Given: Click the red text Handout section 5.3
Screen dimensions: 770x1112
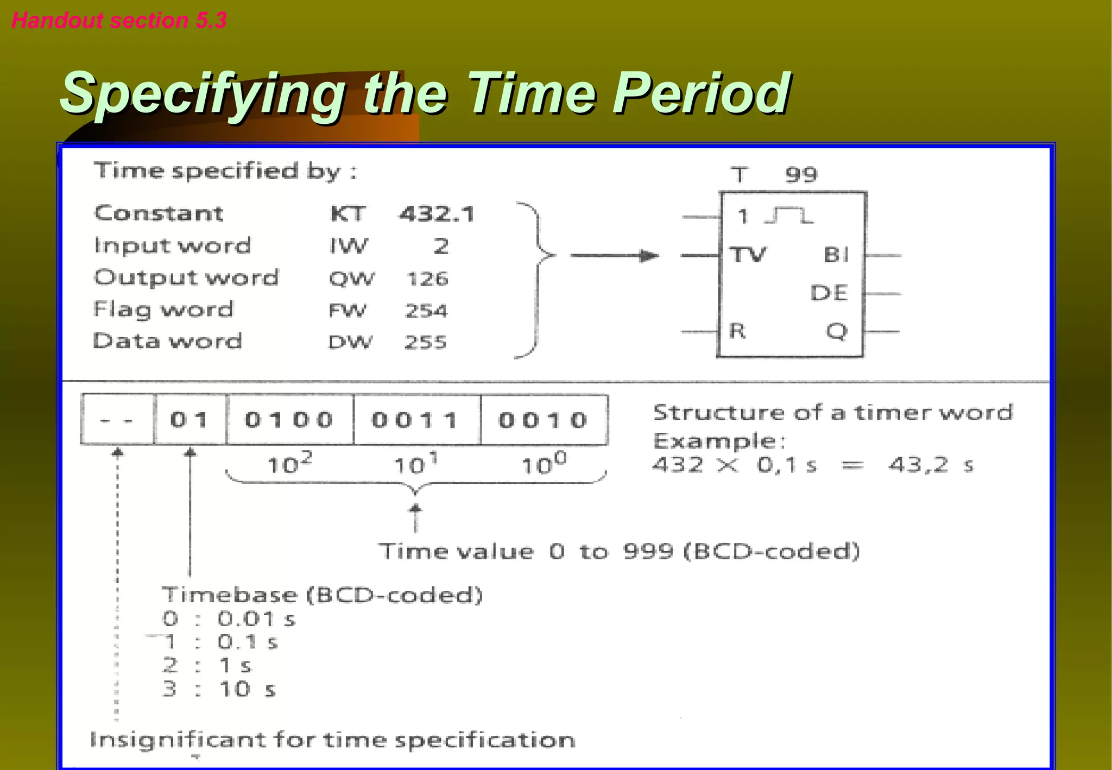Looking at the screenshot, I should click(x=119, y=21).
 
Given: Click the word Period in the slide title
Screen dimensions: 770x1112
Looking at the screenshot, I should click(x=702, y=93).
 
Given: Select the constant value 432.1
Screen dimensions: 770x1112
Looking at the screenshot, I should click(x=437, y=214).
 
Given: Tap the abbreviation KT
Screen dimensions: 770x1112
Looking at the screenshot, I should click(x=348, y=214).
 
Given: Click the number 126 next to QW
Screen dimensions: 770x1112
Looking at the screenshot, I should click(x=428, y=279).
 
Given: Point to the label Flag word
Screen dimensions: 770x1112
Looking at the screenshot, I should click(x=163, y=310).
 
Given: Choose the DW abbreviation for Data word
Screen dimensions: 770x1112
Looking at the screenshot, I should click(x=351, y=342).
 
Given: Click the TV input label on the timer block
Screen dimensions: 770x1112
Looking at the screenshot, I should click(x=748, y=254).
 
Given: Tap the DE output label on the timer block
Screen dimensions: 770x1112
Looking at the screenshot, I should click(x=829, y=293).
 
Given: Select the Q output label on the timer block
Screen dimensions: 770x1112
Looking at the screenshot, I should click(x=837, y=331).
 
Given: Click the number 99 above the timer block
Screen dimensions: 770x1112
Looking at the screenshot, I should click(x=801, y=175).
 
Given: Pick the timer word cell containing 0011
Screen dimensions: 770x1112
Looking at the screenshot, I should click(x=416, y=420).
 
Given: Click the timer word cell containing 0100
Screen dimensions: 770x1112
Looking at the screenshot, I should click(x=289, y=420).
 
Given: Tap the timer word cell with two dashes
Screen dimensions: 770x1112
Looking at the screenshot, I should click(x=117, y=420).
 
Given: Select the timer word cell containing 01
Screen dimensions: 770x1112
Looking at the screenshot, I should click(x=189, y=420).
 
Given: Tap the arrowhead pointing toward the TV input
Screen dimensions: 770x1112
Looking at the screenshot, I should click(x=649, y=255).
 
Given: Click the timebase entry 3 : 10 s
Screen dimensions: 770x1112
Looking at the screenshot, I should click(x=219, y=689).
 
